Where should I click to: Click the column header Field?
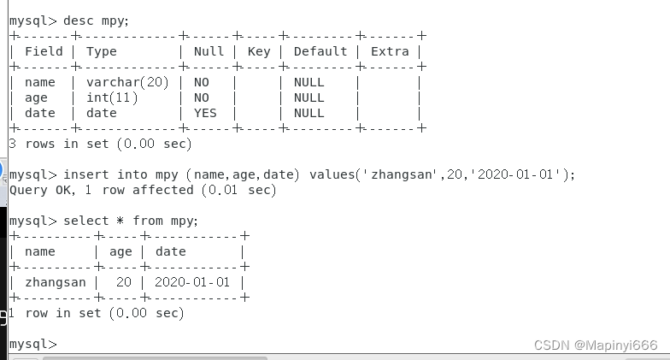point(44,51)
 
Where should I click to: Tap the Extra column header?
point(390,51)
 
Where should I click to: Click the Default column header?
point(320,51)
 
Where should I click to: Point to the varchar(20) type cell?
point(128,82)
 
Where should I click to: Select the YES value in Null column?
point(205,113)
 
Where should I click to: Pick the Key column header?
point(259,51)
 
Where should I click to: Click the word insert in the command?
point(86,174)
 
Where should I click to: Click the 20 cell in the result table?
point(124,282)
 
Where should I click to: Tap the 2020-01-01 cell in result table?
point(193,282)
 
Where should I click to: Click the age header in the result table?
point(120,251)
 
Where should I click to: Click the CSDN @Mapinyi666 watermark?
point(596,345)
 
